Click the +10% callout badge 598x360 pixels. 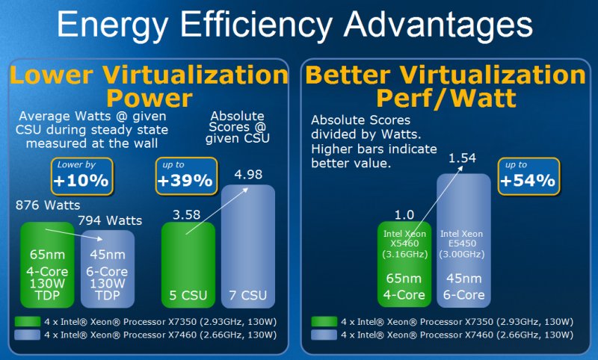point(82,176)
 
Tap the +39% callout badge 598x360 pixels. point(186,176)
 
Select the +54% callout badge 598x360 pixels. point(529,176)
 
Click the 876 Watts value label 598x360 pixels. point(48,205)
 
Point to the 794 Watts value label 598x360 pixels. point(110,220)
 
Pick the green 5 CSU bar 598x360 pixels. point(188,265)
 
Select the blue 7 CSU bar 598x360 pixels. point(248,246)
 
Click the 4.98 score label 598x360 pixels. point(248,175)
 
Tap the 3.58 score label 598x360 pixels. point(186,215)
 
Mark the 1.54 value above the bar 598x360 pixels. point(462,158)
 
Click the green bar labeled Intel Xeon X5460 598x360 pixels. point(404,264)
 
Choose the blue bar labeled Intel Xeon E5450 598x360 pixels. point(463,240)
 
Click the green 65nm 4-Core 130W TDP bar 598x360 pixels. point(47,265)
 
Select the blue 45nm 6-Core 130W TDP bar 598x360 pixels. point(108,269)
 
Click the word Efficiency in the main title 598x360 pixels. point(256,25)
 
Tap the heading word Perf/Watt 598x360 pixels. point(446,98)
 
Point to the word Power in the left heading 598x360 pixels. point(149,98)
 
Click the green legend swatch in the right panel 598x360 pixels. point(324,322)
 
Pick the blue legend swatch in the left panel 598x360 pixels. point(28,335)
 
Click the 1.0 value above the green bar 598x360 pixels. point(404,215)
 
